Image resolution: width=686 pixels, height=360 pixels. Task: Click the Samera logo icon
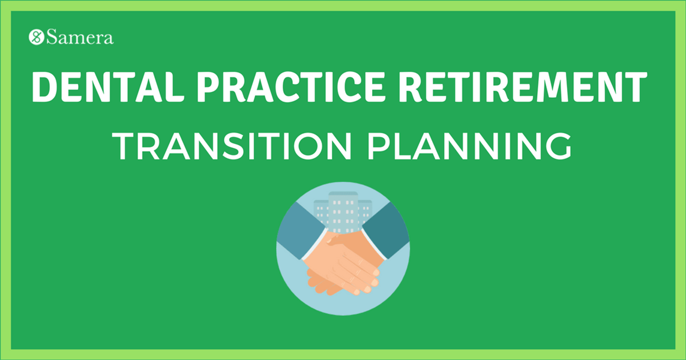tap(37, 38)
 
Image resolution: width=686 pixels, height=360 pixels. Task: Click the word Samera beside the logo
tap(80, 38)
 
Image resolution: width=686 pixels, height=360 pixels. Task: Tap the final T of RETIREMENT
tap(636, 88)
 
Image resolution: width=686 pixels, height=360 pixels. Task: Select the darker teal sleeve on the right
tap(387, 231)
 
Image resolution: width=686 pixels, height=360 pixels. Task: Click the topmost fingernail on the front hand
tap(376, 272)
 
